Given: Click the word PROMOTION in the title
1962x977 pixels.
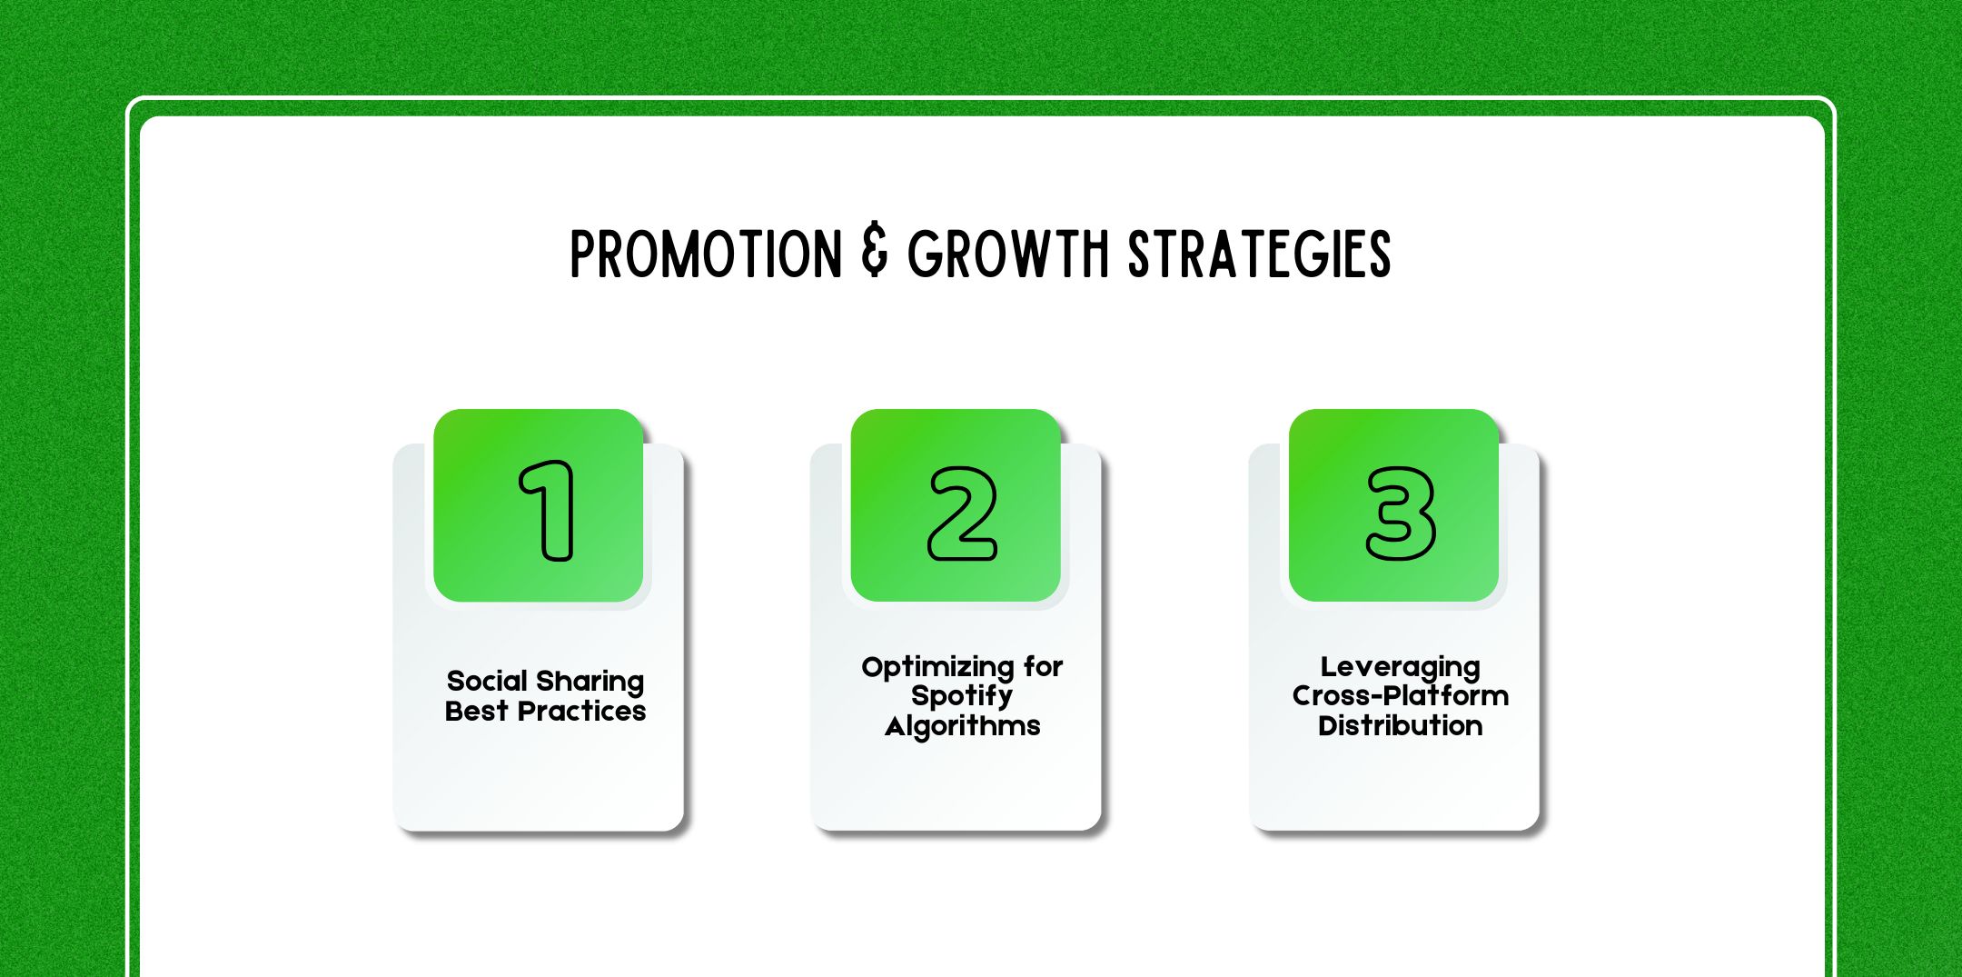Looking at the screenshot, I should tap(706, 254).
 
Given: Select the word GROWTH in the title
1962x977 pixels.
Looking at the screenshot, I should tap(1008, 254).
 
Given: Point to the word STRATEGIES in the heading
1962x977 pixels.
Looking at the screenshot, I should tap(1259, 254).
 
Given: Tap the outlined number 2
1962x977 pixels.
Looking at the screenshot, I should tap(962, 513).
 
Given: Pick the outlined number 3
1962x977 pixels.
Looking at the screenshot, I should tap(1401, 513).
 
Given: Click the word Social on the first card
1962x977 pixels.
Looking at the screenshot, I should tap(487, 681).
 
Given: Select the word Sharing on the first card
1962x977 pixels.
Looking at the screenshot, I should tap(590, 683).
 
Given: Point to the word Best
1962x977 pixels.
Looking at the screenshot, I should tap(476, 711).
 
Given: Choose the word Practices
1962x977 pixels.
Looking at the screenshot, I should tap(581, 711).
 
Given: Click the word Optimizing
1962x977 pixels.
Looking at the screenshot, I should tap(937, 668).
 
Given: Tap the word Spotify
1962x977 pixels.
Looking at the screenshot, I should tap(961, 697).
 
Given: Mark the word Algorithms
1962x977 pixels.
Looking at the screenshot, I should tap(962, 726).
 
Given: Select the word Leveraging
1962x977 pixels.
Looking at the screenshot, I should tap(1400, 668).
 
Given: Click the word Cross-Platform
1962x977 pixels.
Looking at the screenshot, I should tap(1400, 696).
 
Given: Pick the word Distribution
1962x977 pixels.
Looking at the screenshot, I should tap(1400, 725).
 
